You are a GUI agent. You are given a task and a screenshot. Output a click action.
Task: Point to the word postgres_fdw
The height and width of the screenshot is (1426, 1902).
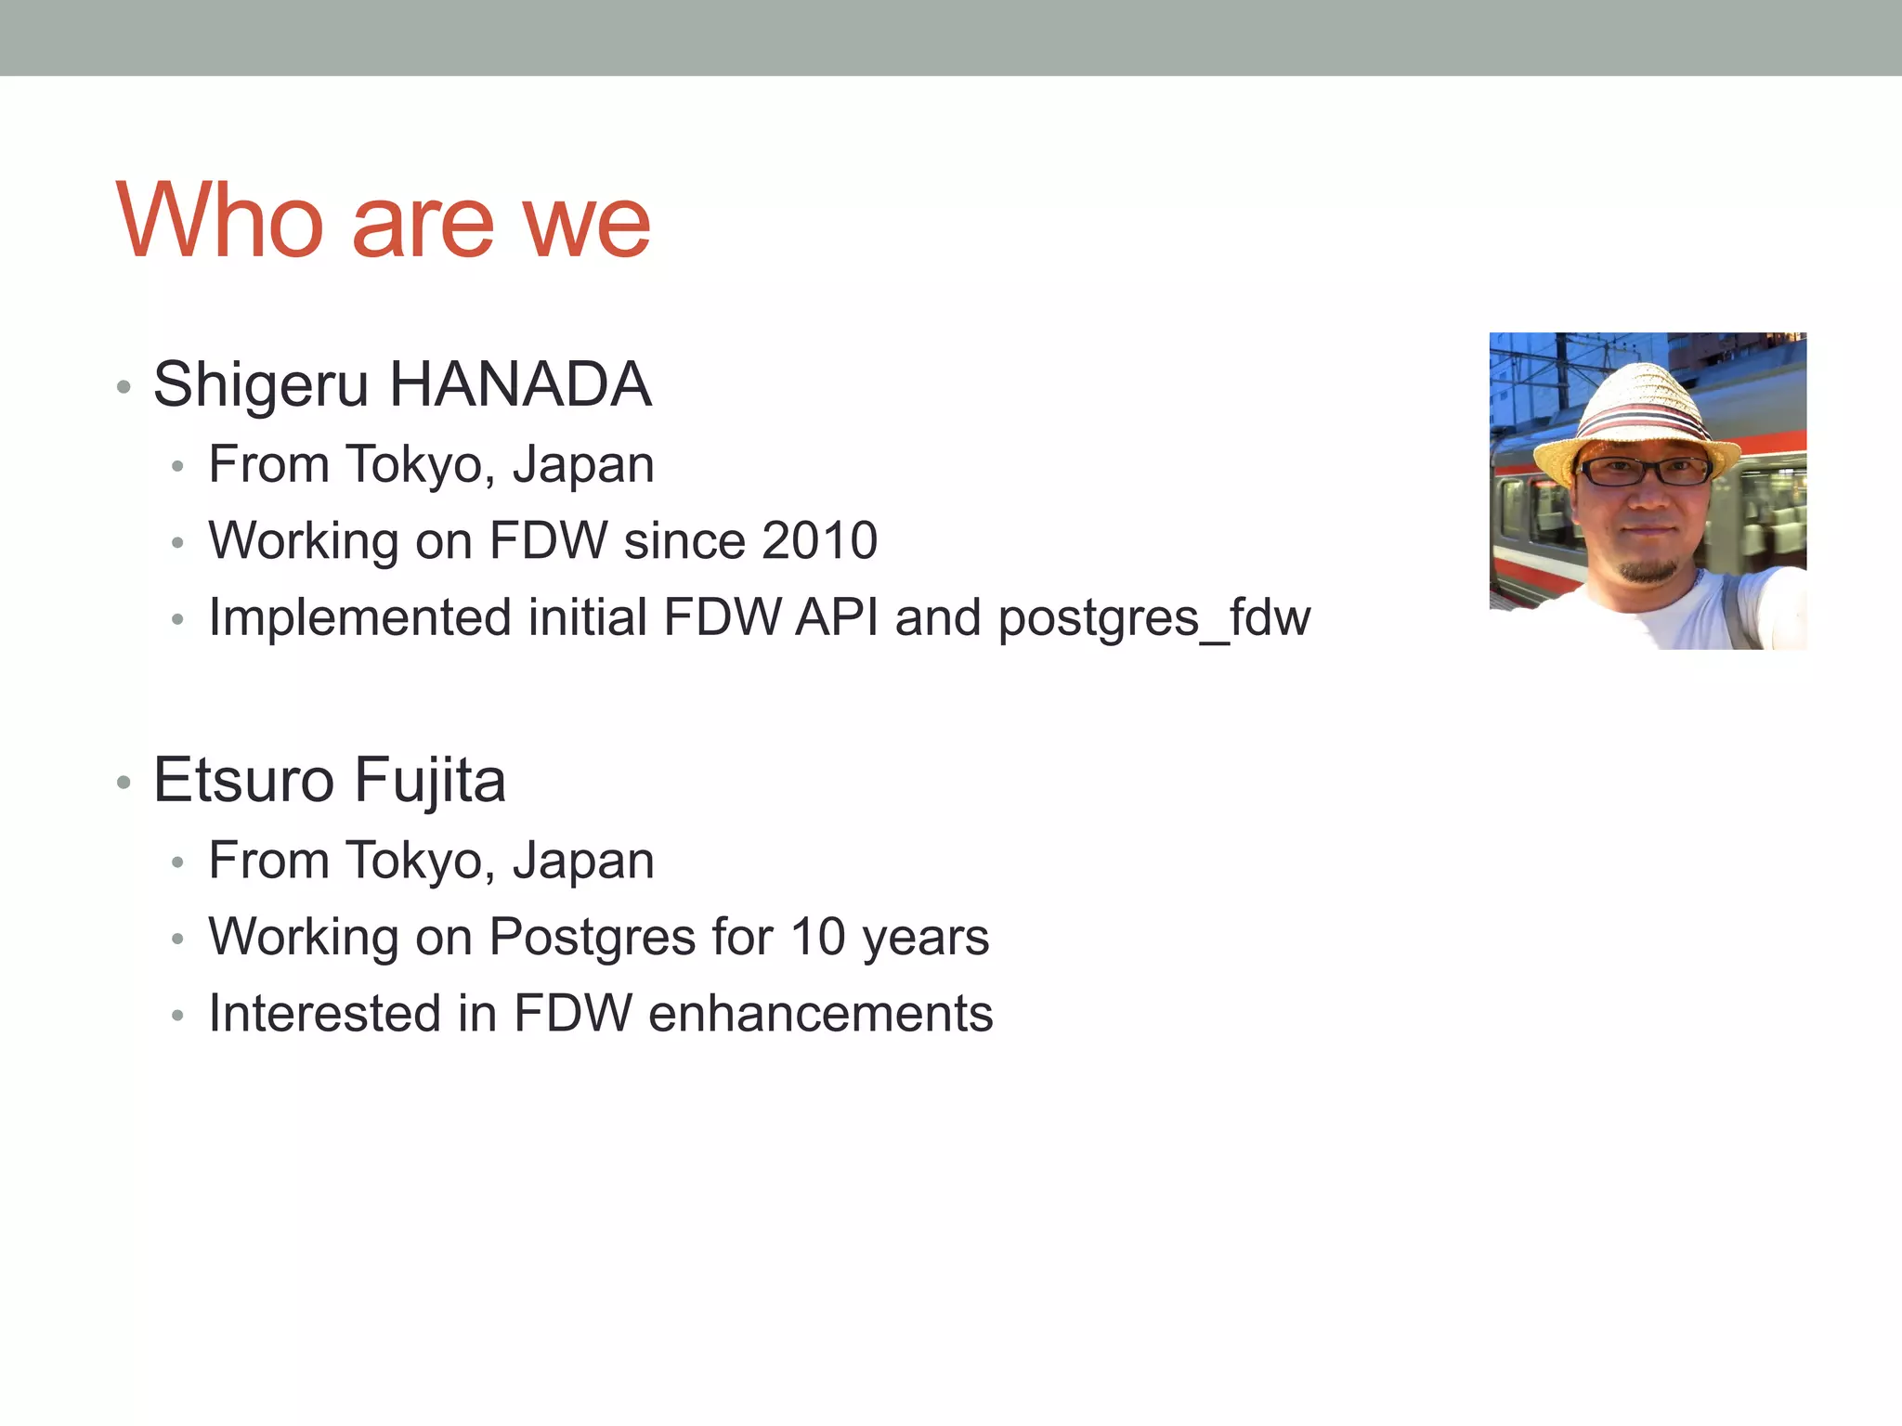[1154, 618]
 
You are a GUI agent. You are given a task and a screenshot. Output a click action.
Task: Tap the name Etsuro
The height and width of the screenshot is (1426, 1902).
[243, 780]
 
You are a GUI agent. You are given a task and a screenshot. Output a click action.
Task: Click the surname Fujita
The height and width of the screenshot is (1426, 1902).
[430, 782]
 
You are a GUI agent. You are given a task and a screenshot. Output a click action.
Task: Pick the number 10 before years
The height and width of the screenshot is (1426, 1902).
[817, 937]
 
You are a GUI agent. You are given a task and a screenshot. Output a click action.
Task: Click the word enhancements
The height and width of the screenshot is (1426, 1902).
[821, 1013]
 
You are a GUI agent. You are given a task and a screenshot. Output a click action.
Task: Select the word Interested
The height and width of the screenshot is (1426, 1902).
[324, 1013]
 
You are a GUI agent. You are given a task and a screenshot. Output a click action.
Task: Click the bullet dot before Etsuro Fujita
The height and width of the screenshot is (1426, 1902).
[124, 783]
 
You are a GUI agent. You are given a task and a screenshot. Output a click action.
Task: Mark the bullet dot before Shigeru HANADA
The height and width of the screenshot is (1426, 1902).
[124, 387]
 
